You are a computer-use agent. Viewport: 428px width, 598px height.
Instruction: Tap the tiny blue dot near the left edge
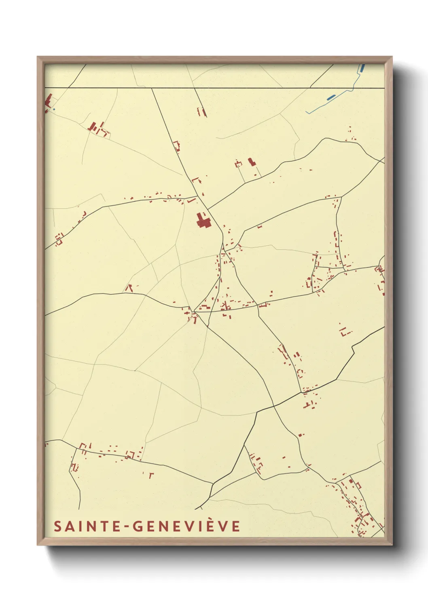click(x=54, y=109)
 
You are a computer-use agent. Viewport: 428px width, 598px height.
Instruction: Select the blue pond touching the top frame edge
click(x=362, y=68)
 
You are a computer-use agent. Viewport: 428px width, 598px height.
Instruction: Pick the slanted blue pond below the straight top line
click(x=331, y=97)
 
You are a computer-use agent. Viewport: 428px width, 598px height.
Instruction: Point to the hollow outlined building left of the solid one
click(x=238, y=164)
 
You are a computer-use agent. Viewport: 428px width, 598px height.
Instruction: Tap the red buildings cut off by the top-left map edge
click(x=48, y=101)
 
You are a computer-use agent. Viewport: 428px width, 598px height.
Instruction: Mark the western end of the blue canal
click(x=306, y=112)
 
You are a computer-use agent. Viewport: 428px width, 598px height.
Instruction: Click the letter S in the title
click(x=57, y=526)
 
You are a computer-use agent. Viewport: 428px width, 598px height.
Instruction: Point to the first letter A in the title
click(x=69, y=526)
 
